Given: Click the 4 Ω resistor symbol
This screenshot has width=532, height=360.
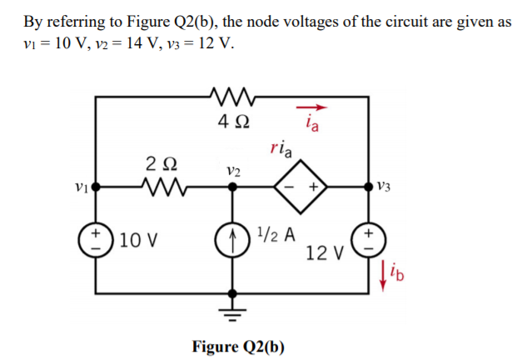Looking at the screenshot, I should point(231,97).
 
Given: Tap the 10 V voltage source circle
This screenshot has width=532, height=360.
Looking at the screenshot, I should point(96,238).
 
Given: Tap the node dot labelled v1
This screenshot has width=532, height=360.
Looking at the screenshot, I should point(96,187).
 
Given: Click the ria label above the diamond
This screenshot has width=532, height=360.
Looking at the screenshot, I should point(281,150).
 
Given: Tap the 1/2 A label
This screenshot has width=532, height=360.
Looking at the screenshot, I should point(276,234).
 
